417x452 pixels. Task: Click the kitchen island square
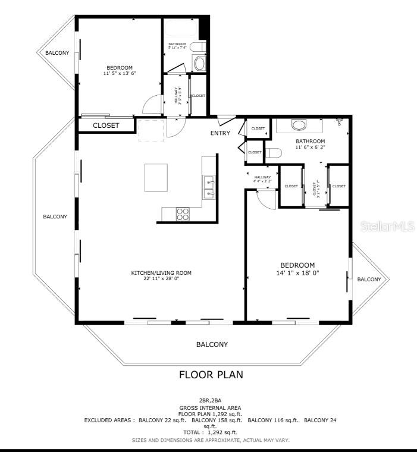pos(156,178)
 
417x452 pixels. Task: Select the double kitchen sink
pos(208,186)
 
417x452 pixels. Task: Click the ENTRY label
pos(220,133)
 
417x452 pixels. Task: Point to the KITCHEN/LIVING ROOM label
pos(161,273)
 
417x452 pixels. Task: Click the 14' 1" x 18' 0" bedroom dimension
pos(297,274)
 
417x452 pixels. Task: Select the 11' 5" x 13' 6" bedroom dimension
pos(120,74)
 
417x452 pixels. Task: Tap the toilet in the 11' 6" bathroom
pos(274,153)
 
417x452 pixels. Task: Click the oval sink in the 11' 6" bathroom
pos(299,125)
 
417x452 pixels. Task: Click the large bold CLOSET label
pos(106,125)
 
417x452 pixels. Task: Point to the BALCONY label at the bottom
pos(212,344)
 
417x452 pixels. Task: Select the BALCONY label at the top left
pos(57,53)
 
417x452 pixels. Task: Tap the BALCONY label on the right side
pos(369,279)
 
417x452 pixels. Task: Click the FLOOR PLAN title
pos(211,375)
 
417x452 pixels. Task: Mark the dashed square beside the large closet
pos(151,130)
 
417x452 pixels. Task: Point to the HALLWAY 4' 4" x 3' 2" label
pos(262,178)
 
